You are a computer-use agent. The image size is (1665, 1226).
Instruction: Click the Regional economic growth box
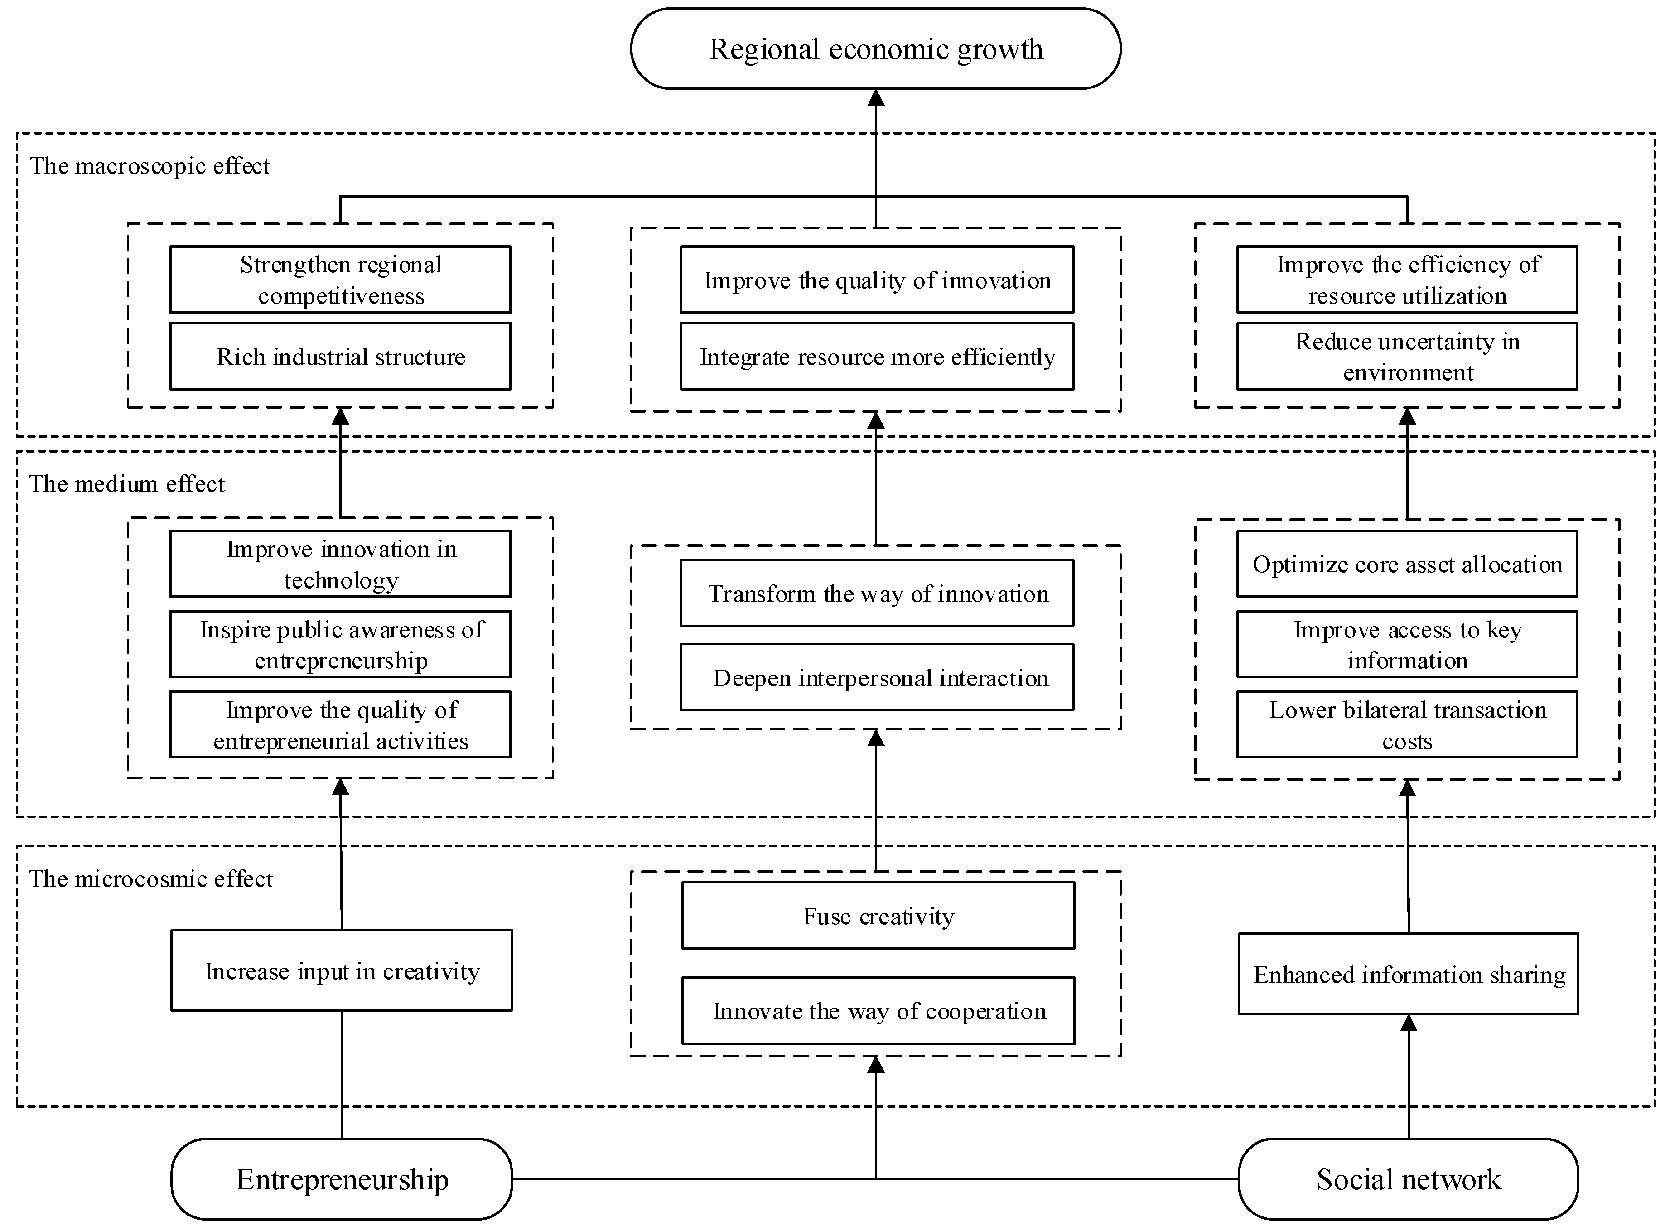(875, 49)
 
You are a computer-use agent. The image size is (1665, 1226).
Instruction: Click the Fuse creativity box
(878, 916)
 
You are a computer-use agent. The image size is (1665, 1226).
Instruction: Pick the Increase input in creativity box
(341, 971)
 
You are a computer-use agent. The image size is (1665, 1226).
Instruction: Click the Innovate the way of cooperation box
(878, 1011)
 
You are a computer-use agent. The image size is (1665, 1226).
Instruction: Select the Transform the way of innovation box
(877, 593)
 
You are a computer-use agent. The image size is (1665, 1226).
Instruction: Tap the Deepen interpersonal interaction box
(877, 678)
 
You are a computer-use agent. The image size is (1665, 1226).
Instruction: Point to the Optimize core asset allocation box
(1407, 564)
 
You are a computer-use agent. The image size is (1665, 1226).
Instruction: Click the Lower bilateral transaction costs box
(1407, 725)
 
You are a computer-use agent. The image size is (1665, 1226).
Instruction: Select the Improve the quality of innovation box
(877, 280)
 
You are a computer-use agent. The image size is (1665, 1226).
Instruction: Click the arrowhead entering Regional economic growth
(876, 97)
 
